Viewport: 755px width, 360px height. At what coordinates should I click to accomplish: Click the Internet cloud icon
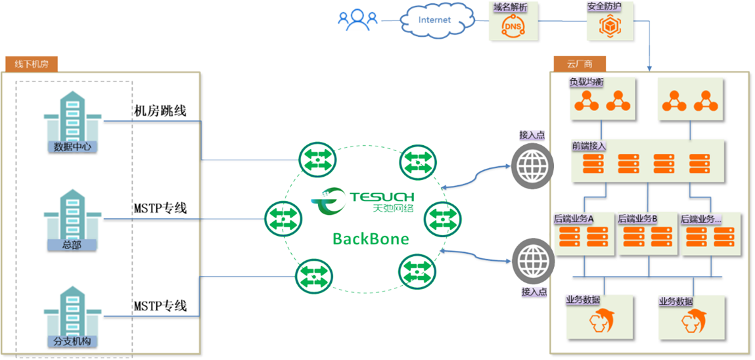click(x=434, y=20)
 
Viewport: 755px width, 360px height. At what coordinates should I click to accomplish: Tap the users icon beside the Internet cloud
click(x=358, y=20)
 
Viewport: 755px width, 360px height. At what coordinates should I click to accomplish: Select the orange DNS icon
click(x=514, y=26)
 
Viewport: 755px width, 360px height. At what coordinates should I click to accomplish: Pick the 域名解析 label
click(x=510, y=7)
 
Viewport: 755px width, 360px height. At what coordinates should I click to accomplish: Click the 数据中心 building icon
click(x=72, y=119)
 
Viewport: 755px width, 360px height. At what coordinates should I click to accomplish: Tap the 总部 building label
click(x=72, y=245)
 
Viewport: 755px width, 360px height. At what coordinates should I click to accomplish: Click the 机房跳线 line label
click(x=160, y=110)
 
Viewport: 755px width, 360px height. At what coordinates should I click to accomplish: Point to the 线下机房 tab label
click(x=32, y=64)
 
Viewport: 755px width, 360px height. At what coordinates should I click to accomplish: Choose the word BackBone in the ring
click(x=371, y=238)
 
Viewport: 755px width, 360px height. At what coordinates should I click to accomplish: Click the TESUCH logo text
click(x=381, y=196)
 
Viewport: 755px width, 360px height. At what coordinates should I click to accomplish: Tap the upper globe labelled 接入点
click(x=532, y=164)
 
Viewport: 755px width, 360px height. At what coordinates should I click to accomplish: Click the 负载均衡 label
click(x=587, y=83)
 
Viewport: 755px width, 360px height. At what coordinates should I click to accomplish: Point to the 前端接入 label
click(x=589, y=146)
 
